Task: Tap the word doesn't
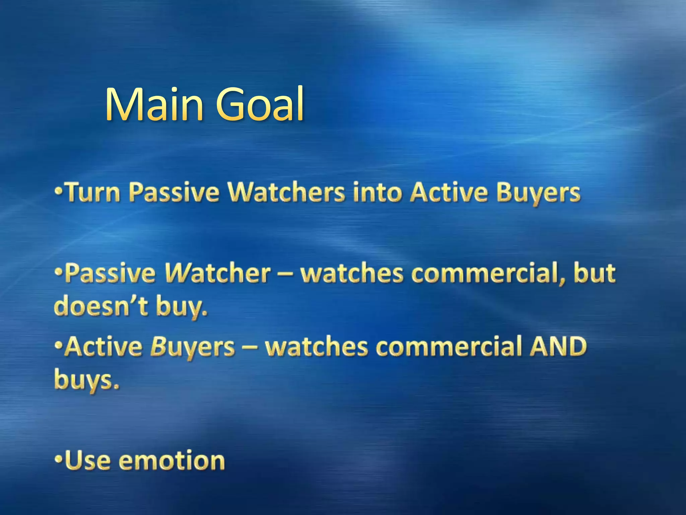click(x=101, y=306)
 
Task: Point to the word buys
click(x=86, y=381)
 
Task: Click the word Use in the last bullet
click(x=87, y=461)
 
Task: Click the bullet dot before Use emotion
click(x=59, y=458)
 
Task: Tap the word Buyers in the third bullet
click(x=192, y=347)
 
